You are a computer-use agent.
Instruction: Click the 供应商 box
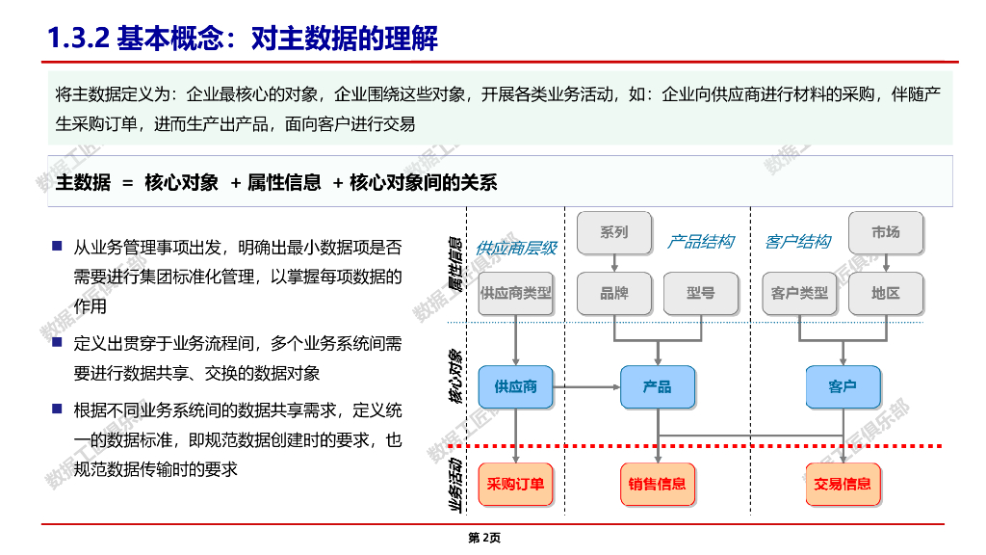tap(516, 386)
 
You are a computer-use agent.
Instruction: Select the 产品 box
tap(658, 386)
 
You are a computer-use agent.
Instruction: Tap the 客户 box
tap(843, 386)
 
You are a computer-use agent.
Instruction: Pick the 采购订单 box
tap(516, 484)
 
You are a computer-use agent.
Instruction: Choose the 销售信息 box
tap(658, 484)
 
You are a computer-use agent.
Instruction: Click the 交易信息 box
tap(843, 484)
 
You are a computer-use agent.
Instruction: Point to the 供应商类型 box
tap(516, 293)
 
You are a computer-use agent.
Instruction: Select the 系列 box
tap(613, 232)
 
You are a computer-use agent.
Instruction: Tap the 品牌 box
tap(613, 293)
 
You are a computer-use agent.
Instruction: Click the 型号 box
tap(700, 293)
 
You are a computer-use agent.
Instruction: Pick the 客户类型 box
tap(799, 293)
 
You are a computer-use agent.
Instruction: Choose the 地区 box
tap(885, 293)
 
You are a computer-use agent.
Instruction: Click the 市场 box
tap(885, 232)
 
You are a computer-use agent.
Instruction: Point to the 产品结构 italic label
tap(701, 242)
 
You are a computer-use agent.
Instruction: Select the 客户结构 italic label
tap(797, 242)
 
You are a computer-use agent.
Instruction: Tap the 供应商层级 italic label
tap(516, 248)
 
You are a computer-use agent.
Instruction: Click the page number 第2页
tap(484, 538)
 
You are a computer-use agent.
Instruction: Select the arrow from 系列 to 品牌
tap(613, 262)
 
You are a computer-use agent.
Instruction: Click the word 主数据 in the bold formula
tap(84, 182)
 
